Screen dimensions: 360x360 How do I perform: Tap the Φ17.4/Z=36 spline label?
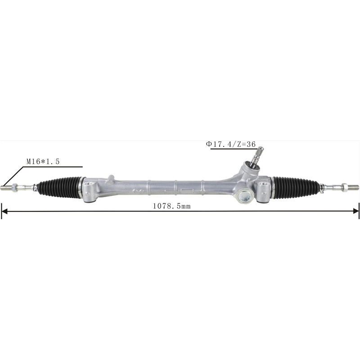click(231, 144)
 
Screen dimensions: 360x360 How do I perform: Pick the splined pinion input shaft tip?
click(258, 155)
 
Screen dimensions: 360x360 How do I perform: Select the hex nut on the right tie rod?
click(345, 186)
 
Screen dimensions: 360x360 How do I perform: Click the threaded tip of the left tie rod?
click(5, 188)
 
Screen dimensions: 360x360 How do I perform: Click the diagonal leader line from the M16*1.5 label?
click(13, 176)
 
